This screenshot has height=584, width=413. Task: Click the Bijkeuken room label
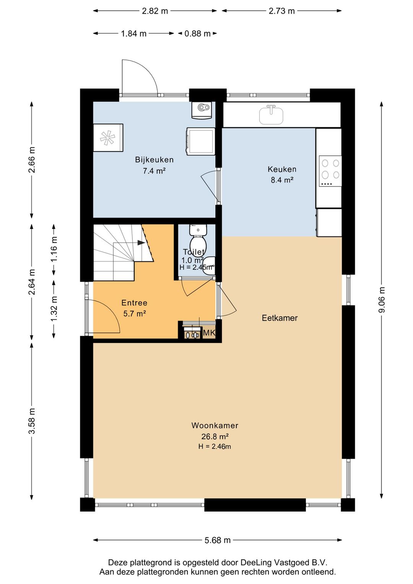[x=154, y=160]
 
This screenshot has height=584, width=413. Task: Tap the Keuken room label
[x=282, y=169]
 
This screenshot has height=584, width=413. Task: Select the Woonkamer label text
[x=215, y=426]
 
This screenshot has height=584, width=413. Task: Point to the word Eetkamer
[x=280, y=318]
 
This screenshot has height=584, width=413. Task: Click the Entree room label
[x=135, y=303]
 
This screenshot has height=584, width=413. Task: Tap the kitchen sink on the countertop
[x=271, y=115]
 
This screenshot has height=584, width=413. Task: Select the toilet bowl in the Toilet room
[x=198, y=241]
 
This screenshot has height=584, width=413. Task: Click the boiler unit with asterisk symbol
[x=108, y=137]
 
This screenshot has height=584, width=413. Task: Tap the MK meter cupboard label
[x=209, y=333]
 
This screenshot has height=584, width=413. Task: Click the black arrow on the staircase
[x=141, y=243]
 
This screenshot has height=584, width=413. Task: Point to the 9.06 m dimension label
[x=382, y=300]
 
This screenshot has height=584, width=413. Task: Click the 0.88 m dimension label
[x=197, y=34]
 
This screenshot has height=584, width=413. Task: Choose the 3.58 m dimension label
[x=32, y=421]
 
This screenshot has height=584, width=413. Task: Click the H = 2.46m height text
[x=215, y=447]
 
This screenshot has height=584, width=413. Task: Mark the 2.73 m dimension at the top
[x=282, y=11]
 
